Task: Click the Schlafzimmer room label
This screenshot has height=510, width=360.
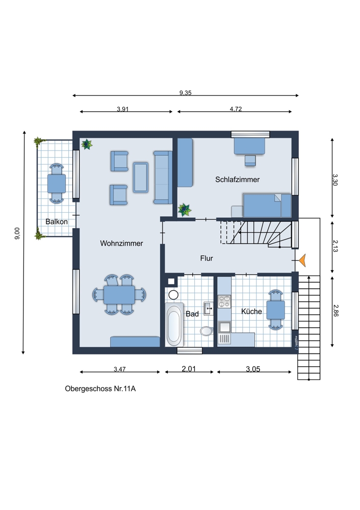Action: point(238,180)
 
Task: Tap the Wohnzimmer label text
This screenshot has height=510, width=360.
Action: point(121,243)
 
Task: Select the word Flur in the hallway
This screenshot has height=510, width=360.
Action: point(207,258)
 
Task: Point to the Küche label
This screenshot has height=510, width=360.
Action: point(251,311)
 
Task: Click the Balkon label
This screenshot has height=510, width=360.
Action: point(57,221)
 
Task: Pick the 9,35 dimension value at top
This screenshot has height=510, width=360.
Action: point(186,93)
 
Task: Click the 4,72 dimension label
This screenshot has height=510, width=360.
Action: point(236,109)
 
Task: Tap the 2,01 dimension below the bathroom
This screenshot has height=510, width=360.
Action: point(189,369)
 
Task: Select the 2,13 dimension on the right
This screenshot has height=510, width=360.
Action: point(336,246)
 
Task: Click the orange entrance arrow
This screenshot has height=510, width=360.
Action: point(302,261)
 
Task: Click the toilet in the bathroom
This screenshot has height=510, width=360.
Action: point(206,331)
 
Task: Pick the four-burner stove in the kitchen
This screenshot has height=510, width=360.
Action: point(224,301)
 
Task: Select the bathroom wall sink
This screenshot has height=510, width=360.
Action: point(208,309)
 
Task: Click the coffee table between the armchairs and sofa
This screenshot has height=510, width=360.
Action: point(141,177)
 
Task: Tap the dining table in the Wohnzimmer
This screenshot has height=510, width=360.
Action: point(119,295)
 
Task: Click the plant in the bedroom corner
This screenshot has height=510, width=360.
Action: point(185,210)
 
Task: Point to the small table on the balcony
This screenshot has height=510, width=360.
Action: point(57,184)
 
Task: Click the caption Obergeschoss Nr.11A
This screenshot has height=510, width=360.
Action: point(100,389)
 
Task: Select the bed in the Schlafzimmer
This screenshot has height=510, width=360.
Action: point(267,206)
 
